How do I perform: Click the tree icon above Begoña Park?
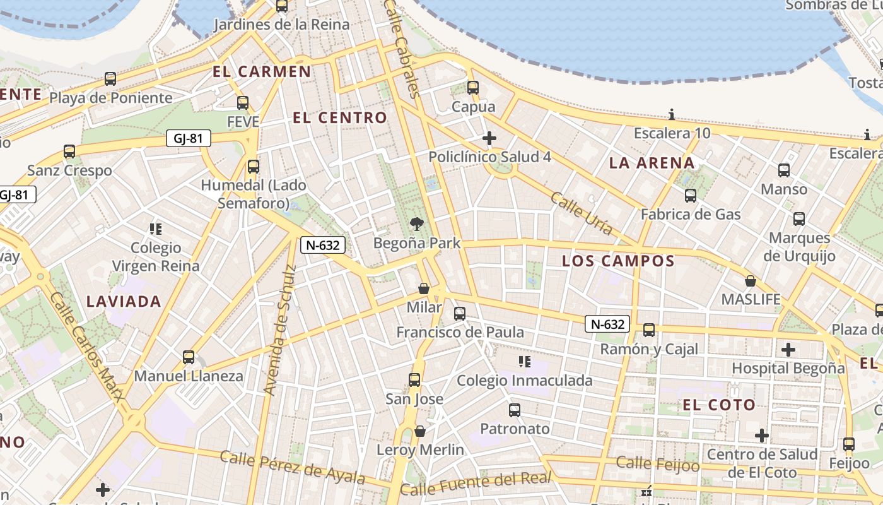(416, 223)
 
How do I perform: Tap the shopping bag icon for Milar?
(424, 288)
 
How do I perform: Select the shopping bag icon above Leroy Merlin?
(420, 431)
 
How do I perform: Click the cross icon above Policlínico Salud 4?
(489, 138)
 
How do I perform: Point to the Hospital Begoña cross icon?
(788, 349)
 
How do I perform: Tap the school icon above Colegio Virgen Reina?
(155, 229)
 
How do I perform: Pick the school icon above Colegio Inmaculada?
(524, 362)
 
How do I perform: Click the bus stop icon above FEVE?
(243, 102)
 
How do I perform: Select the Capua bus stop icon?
(473, 88)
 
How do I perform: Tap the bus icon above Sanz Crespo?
(69, 151)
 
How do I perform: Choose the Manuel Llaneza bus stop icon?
(189, 357)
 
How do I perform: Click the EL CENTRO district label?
(340, 117)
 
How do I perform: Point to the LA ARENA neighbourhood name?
(652, 163)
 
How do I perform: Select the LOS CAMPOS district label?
(618, 261)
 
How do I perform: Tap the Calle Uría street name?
(581, 213)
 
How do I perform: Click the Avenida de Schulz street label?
(279, 330)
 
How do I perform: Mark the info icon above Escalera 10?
(672, 115)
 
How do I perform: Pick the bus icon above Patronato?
(515, 410)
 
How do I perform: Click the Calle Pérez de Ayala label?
(293, 467)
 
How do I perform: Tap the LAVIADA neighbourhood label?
(124, 301)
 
